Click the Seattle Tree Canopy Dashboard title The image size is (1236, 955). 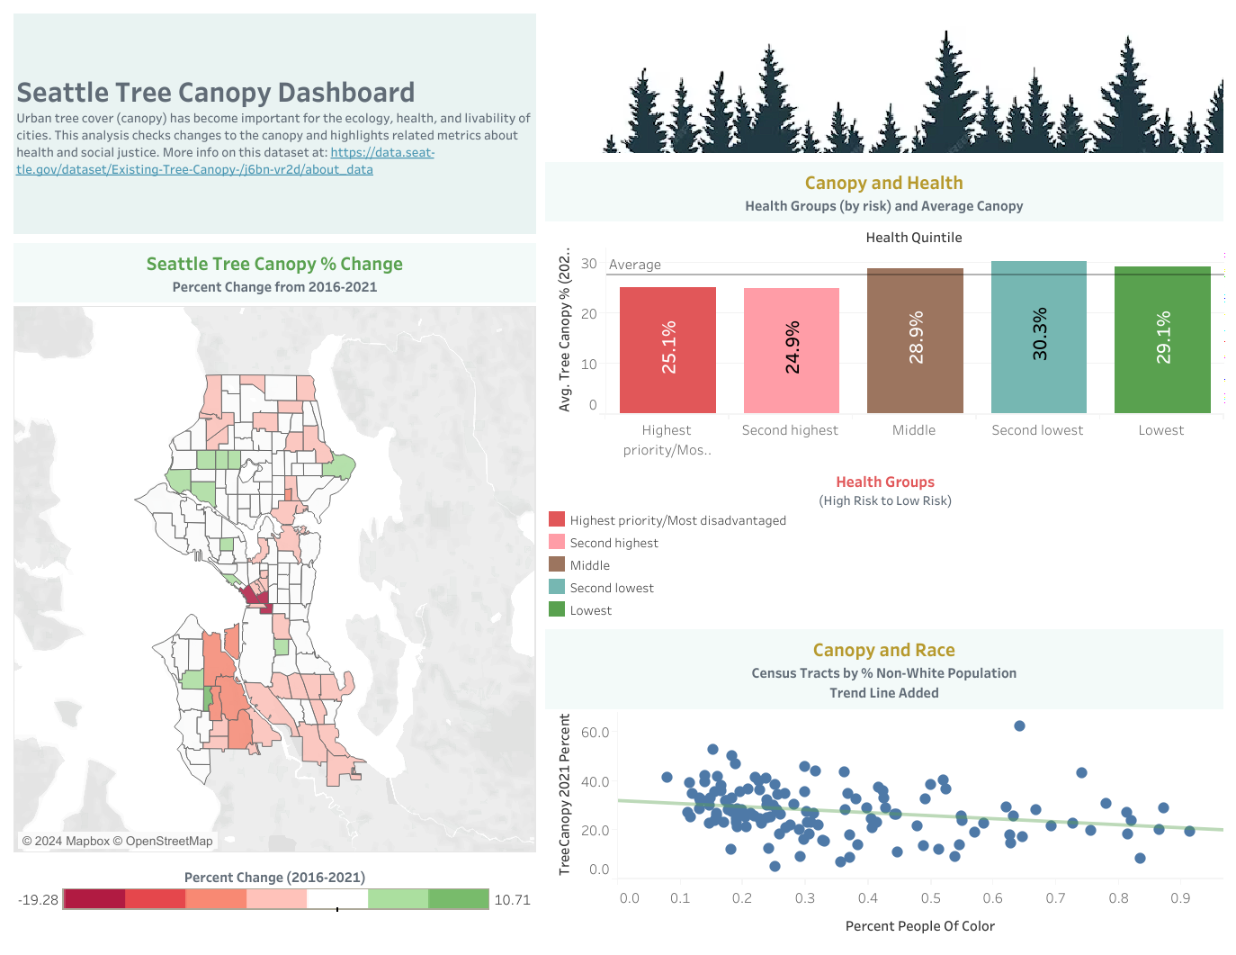tap(216, 93)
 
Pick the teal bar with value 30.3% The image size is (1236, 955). tap(1038, 337)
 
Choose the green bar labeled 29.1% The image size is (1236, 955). tap(1162, 339)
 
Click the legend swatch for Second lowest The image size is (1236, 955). tap(557, 587)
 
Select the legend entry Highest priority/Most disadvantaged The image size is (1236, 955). tap(677, 520)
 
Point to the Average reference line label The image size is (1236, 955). tap(635, 265)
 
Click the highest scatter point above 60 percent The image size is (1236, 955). tap(1019, 725)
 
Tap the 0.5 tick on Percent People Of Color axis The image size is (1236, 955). tap(930, 898)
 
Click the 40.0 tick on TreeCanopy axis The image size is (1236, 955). tap(595, 782)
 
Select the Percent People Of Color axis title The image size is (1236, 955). tap(919, 926)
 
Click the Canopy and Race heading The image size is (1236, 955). tap(883, 650)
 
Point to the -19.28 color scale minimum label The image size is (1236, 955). tap(38, 900)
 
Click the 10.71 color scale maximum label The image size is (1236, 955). tap(512, 900)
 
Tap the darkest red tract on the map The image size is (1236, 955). tap(255, 597)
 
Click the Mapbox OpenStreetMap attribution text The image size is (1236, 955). tap(118, 841)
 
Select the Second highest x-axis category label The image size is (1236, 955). tap(790, 430)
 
